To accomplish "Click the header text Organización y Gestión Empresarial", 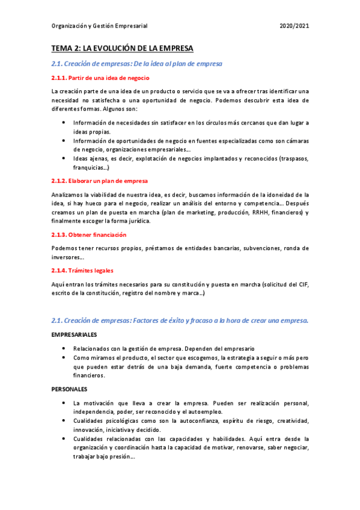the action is click(x=99, y=26).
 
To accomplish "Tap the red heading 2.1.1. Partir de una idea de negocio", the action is click(x=100, y=78).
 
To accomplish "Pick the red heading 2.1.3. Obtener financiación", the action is click(x=88, y=235).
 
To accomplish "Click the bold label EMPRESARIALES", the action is click(x=75, y=334).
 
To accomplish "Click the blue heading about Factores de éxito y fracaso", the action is click(x=180, y=321).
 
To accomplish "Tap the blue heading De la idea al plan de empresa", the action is click(x=136, y=64).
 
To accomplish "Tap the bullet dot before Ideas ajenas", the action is click(x=64, y=158).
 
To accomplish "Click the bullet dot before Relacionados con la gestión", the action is click(x=64, y=348).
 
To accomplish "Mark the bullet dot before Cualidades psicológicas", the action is click(x=64, y=420).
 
